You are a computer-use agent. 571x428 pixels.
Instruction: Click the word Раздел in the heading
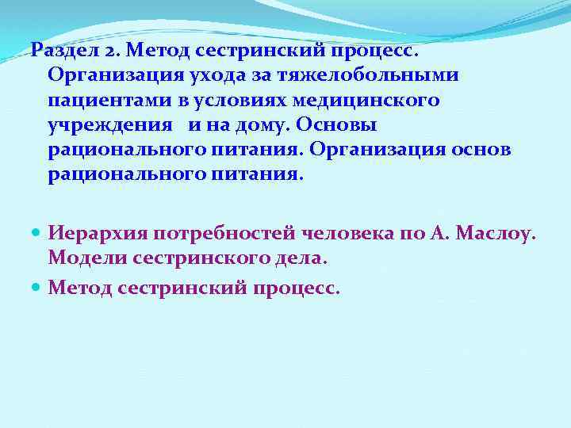tap(63, 52)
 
